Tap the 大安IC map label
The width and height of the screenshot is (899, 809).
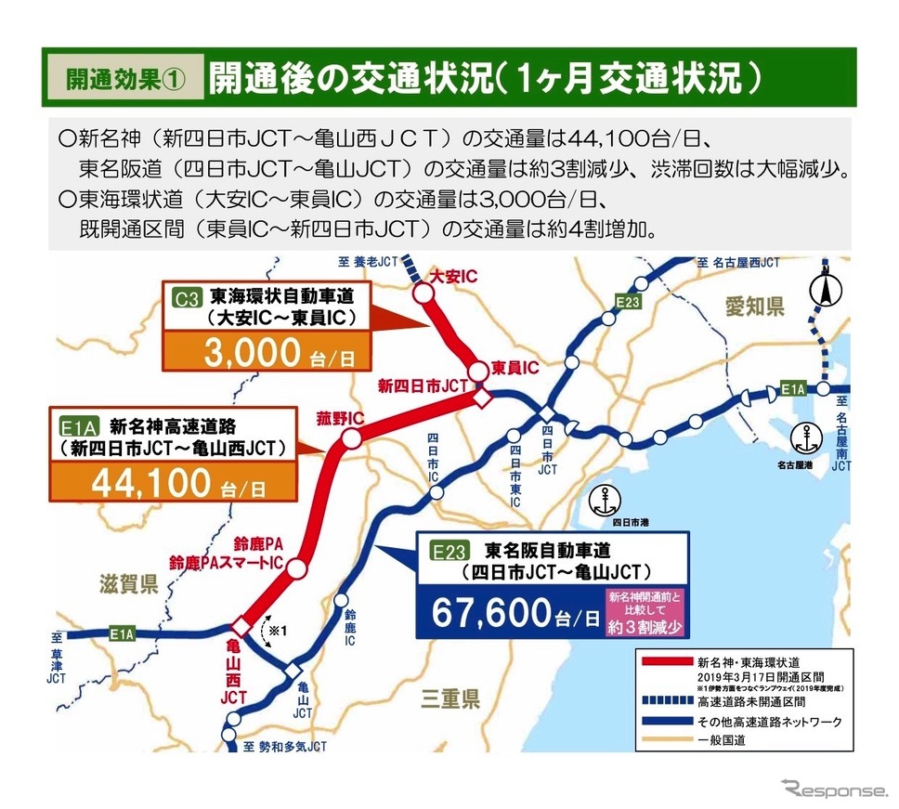point(454,276)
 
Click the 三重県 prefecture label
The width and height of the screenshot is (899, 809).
point(450,698)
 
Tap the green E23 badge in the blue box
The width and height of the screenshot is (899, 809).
point(447,551)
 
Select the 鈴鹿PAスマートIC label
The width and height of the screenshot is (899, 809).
point(227,562)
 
